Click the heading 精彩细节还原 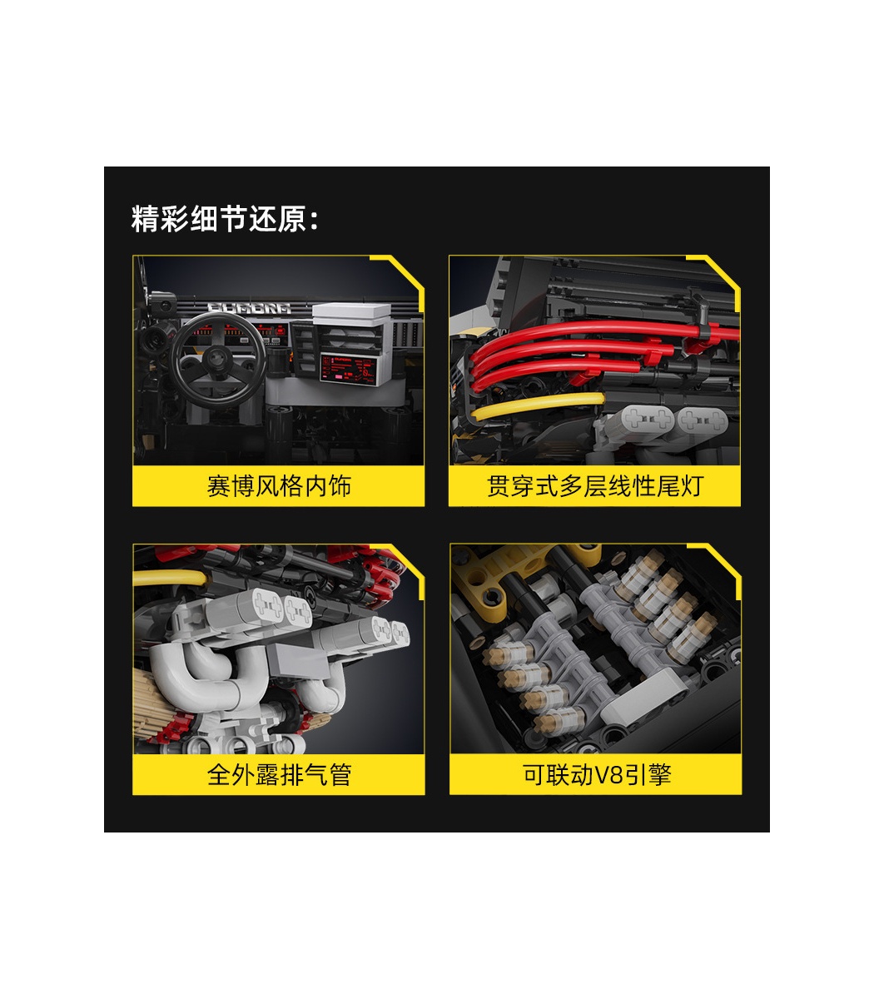point(219,219)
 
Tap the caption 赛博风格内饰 point(279,486)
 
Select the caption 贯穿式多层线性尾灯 point(595,486)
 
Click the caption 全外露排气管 point(279,774)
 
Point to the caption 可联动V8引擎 point(597,774)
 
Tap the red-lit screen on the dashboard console point(348,369)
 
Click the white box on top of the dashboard point(351,314)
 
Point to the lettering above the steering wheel point(249,308)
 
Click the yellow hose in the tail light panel point(537,406)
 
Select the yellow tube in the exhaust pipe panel point(170,578)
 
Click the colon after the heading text point(314,221)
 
